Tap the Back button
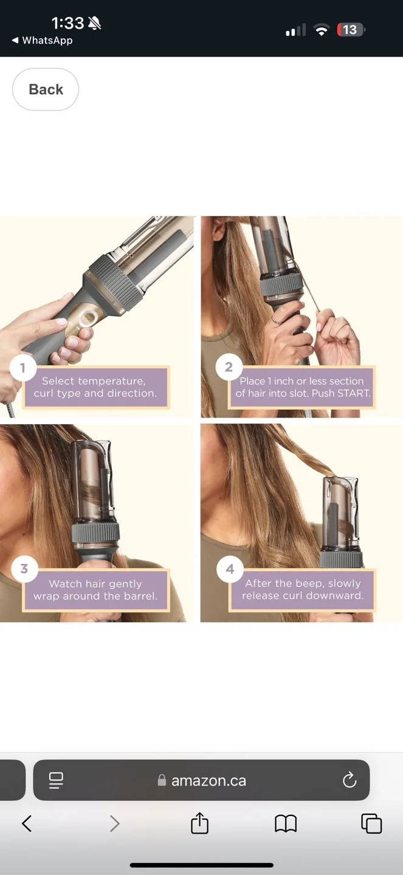[x=46, y=89]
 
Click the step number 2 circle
[x=229, y=367]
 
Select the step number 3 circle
[x=24, y=569]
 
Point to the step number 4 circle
[x=230, y=569]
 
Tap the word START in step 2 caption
[x=352, y=393]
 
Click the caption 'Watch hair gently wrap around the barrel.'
[x=95, y=590]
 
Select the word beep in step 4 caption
[x=309, y=583]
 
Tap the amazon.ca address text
[x=208, y=781]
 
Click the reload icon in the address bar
[x=350, y=780]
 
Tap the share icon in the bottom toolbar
[x=199, y=823]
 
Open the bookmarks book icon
[x=286, y=823]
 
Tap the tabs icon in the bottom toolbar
[x=371, y=823]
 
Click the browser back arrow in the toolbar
[x=27, y=823]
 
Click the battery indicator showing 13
[x=351, y=30]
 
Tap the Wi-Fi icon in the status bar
[x=321, y=30]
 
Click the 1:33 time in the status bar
[x=67, y=23]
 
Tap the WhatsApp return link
[x=43, y=40]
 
